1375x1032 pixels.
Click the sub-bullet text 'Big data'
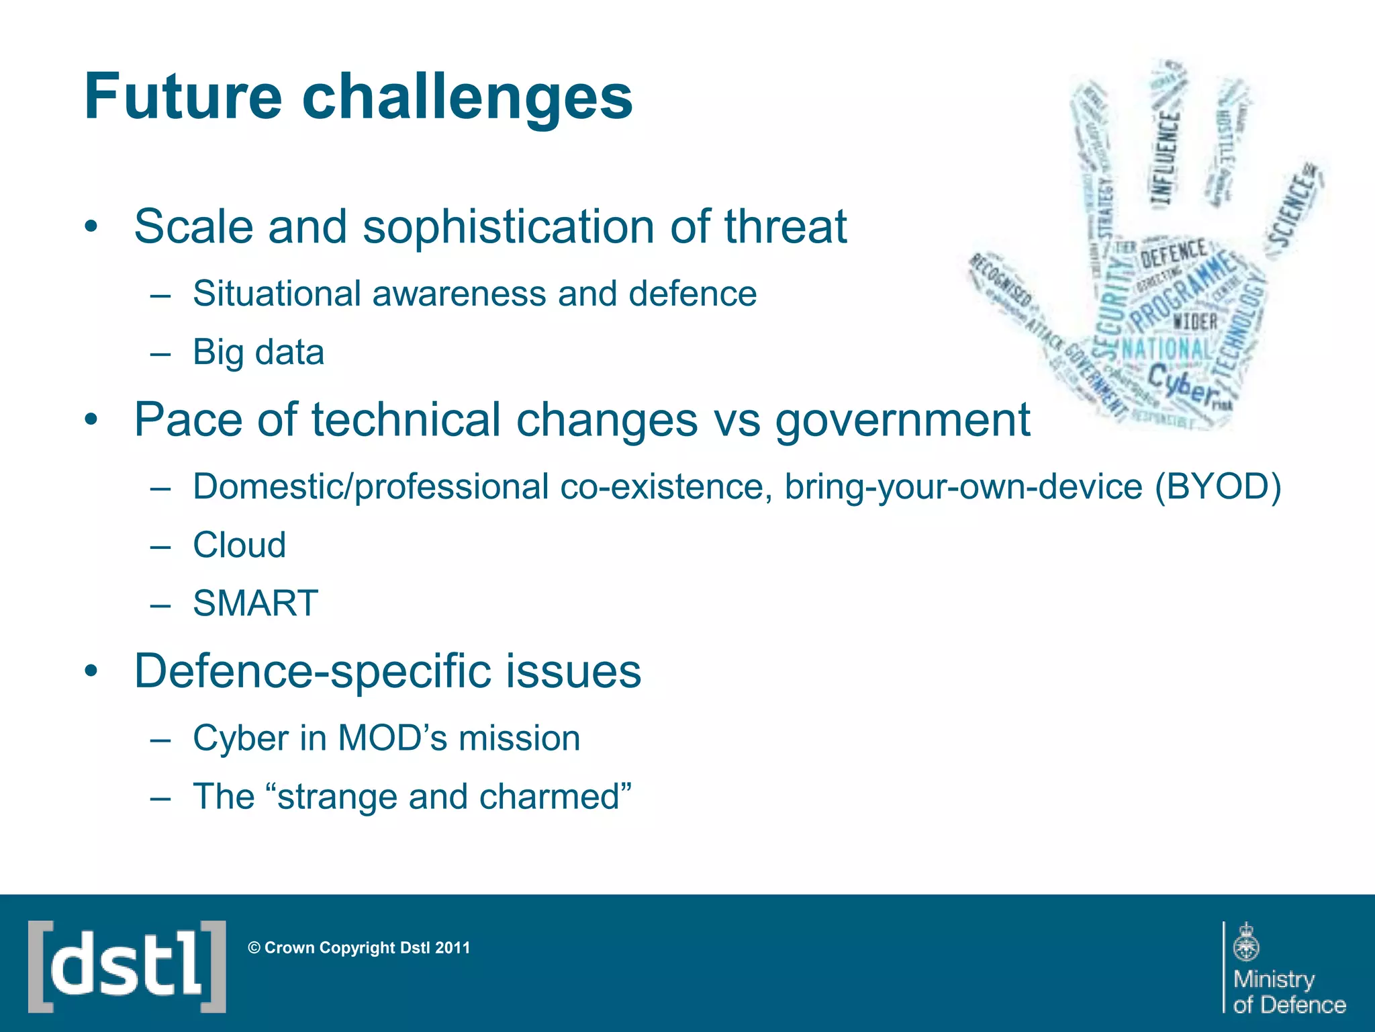point(258,352)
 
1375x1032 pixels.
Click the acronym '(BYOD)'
point(1217,486)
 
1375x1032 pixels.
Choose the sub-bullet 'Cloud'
point(239,545)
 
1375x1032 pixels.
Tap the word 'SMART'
point(255,603)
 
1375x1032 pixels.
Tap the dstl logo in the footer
point(127,966)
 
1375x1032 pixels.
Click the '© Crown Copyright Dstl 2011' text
point(359,948)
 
